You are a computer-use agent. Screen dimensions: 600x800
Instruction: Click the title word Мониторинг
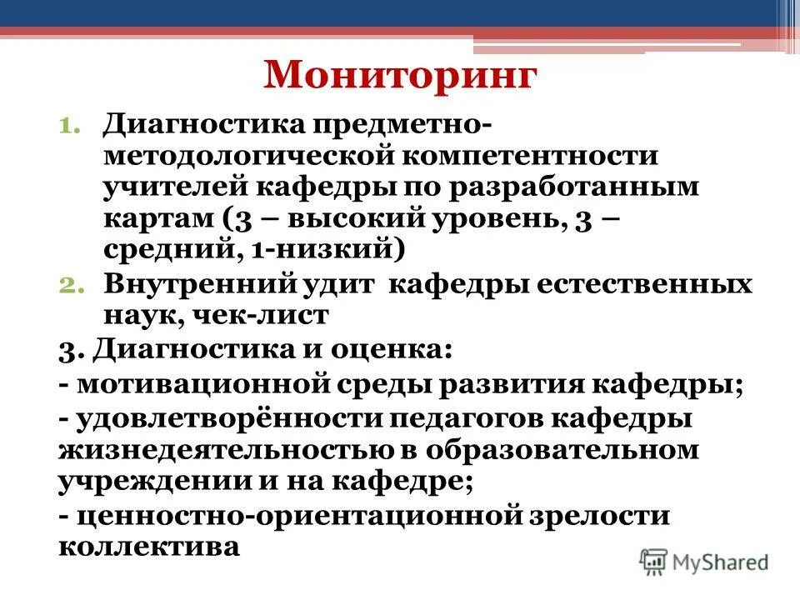pyautogui.click(x=399, y=75)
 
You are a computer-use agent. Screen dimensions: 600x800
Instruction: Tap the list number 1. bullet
pyautogui.click(x=70, y=127)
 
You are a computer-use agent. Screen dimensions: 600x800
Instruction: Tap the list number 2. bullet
pyautogui.click(x=70, y=285)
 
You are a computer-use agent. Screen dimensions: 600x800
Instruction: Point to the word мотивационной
pyautogui.click(x=200, y=385)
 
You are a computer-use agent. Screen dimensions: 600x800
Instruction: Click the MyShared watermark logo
pyautogui.click(x=704, y=561)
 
